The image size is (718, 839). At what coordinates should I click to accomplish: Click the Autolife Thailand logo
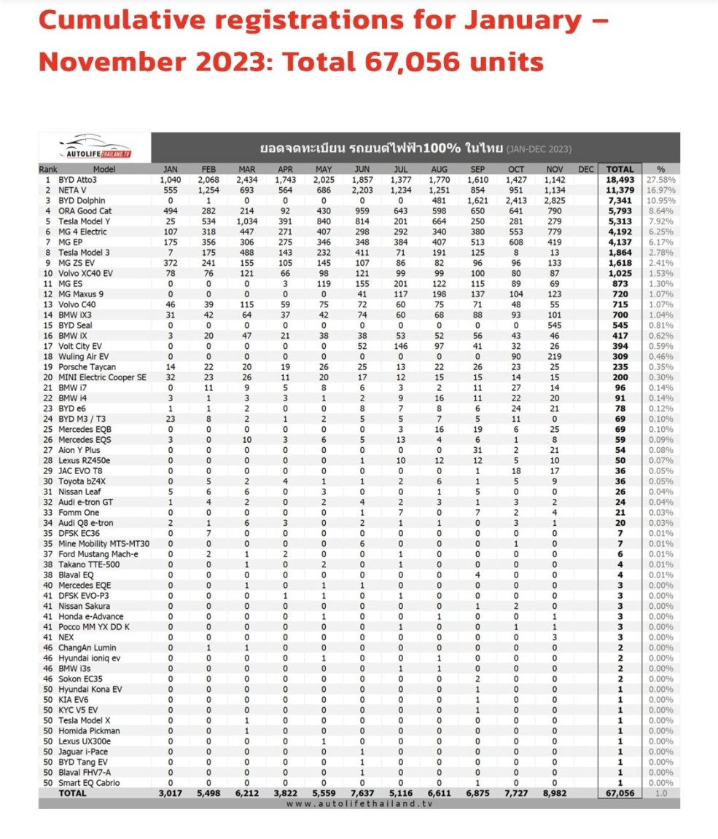coord(94,146)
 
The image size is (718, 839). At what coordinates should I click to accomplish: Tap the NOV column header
coord(554,169)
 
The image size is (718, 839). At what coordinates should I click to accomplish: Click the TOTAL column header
coord(620,169)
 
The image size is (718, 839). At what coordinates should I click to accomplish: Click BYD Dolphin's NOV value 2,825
coord(554,200)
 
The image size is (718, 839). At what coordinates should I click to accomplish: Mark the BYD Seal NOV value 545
coord(554,325)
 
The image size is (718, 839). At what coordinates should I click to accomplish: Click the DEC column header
coord(585,169)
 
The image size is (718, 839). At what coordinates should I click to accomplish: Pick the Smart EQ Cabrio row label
coord(94,783)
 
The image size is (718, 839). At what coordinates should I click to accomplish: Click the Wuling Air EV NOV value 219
coord(554,356)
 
